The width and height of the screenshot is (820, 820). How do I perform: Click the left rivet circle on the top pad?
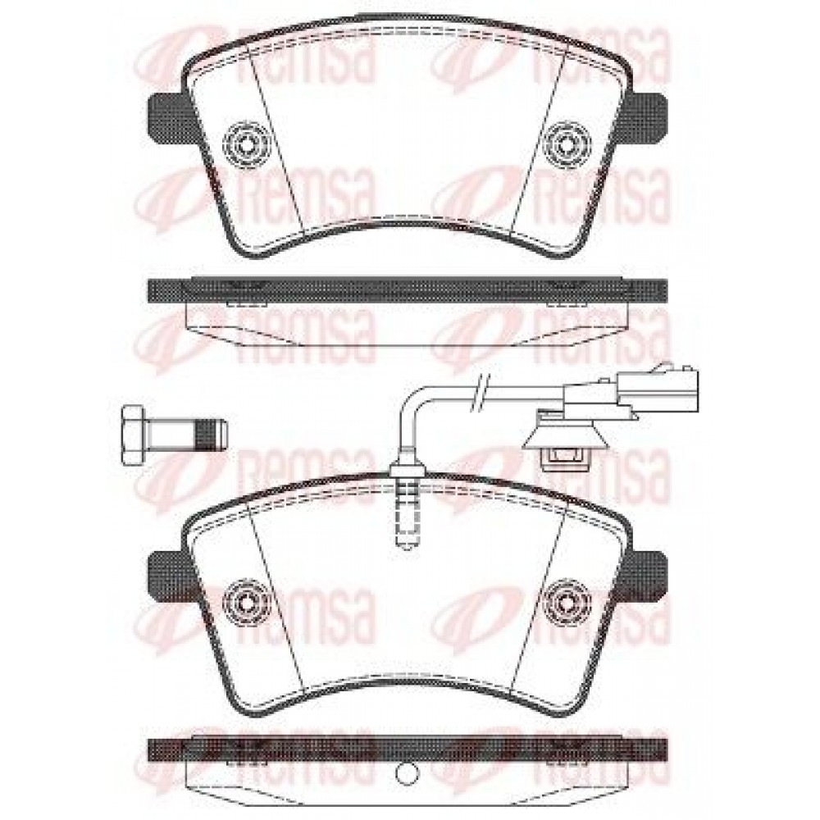[246, 142]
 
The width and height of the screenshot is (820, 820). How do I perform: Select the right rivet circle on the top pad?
[567, 142]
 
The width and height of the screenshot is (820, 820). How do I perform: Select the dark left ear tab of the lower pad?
[167, 578]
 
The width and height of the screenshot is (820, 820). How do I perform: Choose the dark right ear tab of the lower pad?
[649, 578]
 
